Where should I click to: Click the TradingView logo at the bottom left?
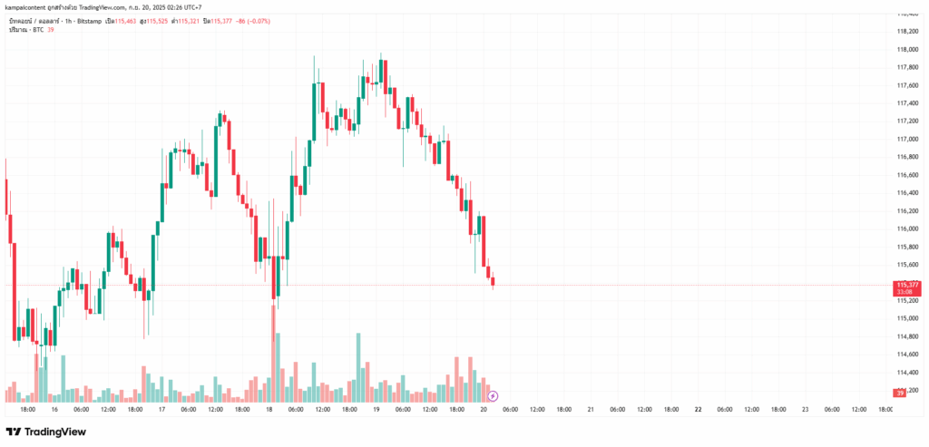[46, 432]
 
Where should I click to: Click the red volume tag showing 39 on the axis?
[899, 394]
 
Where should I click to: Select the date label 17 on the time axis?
[161, 410]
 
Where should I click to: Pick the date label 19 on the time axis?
[376, 410]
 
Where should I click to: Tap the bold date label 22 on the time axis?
[698, 410]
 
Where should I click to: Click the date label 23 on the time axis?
[805, 410]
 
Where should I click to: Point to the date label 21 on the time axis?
[591, 410]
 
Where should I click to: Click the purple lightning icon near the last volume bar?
[493, 395]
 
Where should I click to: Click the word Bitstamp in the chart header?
[90, 20]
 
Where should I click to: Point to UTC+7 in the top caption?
[190, 7]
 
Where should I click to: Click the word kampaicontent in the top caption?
[27, 7]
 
